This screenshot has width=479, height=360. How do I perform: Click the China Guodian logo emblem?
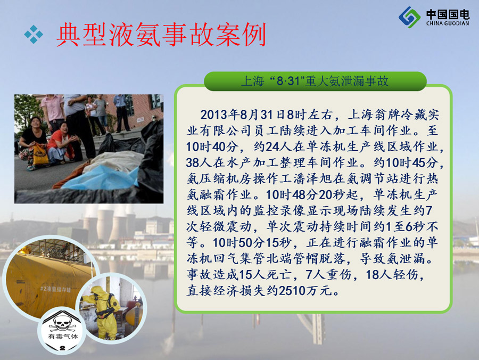[x=409, y=17]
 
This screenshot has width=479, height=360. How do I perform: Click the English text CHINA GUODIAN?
[x=448, y=23]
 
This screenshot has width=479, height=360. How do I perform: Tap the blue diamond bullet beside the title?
[x=34, y=34]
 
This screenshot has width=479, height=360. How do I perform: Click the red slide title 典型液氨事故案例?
[x=161, y=35]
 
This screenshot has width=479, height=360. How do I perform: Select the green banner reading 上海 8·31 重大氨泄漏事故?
[x=315, y=81]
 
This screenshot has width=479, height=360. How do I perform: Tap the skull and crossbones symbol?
[x=62, y=323]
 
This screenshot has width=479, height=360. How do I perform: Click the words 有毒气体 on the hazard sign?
[x=63, y=337]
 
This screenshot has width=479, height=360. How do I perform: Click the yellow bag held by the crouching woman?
[x=40, y=154]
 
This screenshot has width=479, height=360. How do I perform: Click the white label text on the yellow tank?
[x=55, y=289]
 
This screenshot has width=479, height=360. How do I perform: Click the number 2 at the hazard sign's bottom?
[x=62, y=348]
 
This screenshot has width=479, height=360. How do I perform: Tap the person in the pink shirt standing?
[x=53, y=111]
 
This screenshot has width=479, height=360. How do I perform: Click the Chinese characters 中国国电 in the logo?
[x=448, y=14]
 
